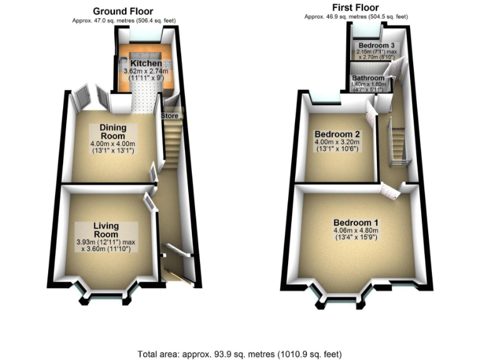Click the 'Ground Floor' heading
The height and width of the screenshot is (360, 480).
[x=122, y=11]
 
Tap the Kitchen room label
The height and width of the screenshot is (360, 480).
[x=146, y=64]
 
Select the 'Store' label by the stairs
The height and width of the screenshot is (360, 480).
[x=170, y=116]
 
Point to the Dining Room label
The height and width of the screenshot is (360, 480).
[x=112, y=132]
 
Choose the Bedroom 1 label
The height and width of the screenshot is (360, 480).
[x=356, y=223]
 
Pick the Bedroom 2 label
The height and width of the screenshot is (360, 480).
[x=337, y=134]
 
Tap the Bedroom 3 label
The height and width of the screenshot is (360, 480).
[x=376, y=46]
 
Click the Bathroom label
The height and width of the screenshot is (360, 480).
[x=368, y=78]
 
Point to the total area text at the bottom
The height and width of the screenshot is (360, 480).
[x=239, y=354]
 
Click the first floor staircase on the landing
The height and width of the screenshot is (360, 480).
[x=397, y=142]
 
